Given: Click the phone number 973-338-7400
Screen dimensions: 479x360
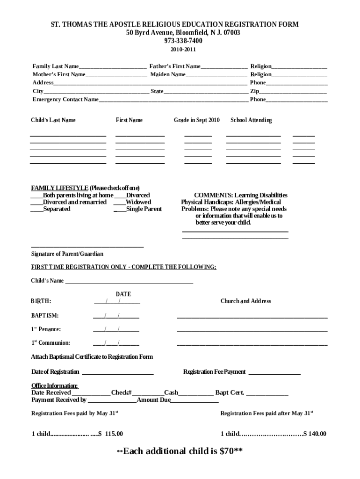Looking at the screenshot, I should pos(180,41).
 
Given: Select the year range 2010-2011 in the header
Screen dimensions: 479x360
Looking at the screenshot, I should pos(180,49).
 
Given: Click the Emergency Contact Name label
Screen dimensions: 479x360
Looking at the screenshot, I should pos(65,100).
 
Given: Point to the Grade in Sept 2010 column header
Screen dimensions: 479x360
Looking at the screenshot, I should pos(196,120).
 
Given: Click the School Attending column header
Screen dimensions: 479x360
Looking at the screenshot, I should pos(251,120).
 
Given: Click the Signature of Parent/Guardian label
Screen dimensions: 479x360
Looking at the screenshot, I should pos(67,254).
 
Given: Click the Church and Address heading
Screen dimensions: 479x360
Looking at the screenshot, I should pos(245,301).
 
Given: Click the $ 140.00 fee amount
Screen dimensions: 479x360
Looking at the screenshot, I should pos(315,434).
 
